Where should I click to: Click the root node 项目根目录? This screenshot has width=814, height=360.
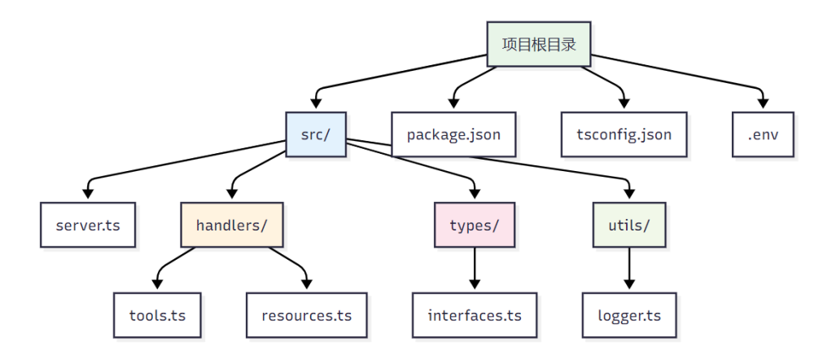click(539, 44)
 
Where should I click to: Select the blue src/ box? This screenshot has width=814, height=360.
click(316, 134)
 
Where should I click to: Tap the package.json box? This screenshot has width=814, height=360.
click(453, 134)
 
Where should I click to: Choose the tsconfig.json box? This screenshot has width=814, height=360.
click(624, 134)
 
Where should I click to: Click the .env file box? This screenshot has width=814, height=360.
click(762, 134)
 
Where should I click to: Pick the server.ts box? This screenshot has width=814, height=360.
click(88, 224)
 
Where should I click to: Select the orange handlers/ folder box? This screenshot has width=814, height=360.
click(232, 224)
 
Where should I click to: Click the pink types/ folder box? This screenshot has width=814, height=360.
click(475, 224)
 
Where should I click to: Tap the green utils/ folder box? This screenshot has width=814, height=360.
click(628, 224)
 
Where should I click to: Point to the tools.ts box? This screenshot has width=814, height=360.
click(157, 314)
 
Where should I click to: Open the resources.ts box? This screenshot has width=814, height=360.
click(307, 314)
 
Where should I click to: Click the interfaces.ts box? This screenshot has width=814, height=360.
click(475, 314)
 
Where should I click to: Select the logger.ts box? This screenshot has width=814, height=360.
click(628, 314)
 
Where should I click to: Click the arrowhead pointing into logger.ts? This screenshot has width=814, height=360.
click(628, 286)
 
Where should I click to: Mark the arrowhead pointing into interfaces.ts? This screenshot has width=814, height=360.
click(475, 286)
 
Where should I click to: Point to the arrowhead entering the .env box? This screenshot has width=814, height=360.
click(763, 105)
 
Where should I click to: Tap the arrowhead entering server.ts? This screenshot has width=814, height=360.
click(88, 195)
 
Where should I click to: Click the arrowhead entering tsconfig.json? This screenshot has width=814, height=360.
click(624, 105)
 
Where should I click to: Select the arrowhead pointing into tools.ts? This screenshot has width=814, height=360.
click(157, 286)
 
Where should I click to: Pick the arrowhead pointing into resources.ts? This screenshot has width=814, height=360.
click(307, 286)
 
